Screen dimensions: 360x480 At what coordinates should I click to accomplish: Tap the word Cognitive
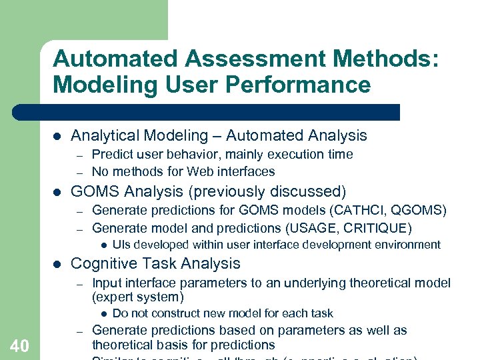103,263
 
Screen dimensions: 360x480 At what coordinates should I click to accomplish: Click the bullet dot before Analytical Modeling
57,136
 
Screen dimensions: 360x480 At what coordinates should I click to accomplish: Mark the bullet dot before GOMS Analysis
57,192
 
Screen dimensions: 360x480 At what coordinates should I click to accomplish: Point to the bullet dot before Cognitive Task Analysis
57,264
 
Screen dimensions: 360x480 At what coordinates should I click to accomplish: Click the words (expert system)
137,297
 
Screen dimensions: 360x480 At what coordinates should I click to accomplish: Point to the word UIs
122,245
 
